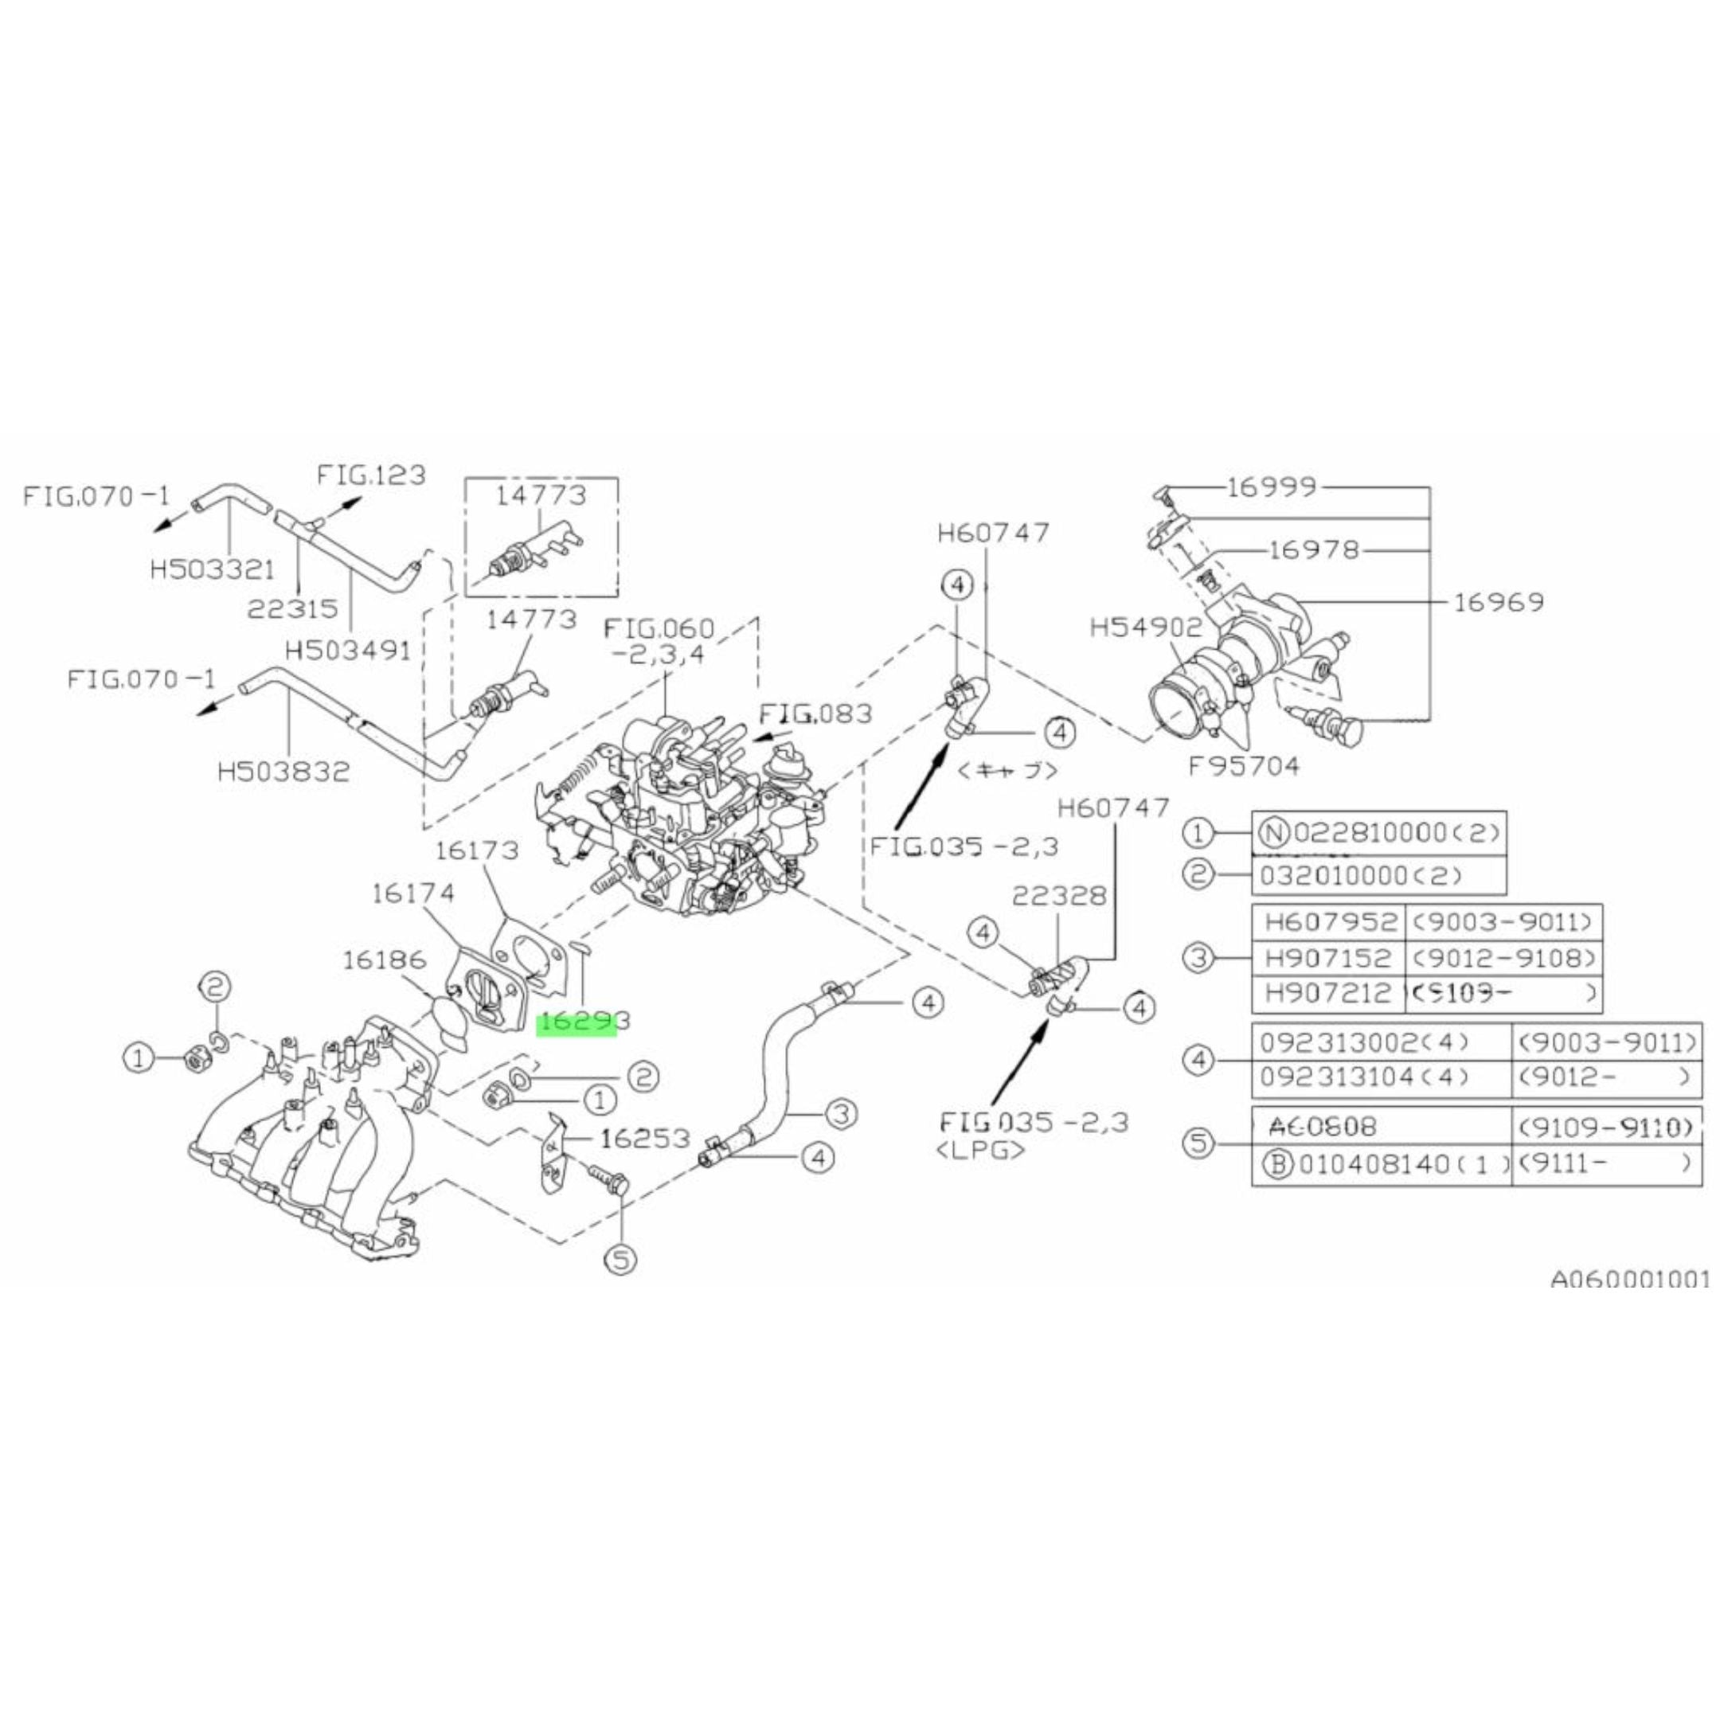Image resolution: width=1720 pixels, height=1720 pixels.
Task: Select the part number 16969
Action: pos(1499,603)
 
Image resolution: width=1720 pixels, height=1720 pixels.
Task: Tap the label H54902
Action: pos(1146,628)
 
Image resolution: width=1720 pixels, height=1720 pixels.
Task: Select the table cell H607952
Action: pos(1327,921)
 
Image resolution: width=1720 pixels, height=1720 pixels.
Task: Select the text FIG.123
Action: pos(371,475)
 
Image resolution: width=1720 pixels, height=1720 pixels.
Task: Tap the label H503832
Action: pos(284,771)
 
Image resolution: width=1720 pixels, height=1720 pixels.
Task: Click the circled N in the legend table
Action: pos(1274,832)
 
